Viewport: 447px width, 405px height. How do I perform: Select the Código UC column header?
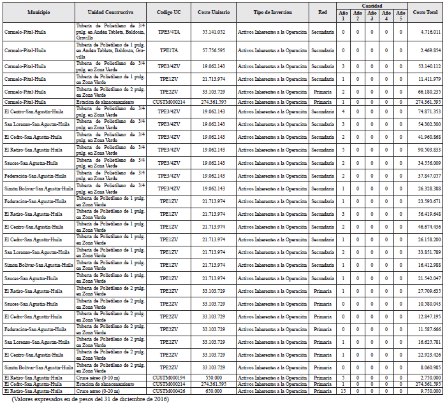coord(168,12)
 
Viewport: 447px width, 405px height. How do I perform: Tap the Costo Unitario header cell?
coord(213,12)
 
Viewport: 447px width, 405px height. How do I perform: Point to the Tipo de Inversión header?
coord(272,12)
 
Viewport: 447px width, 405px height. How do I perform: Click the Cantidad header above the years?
coord(372,5)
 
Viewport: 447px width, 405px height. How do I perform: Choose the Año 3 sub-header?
coord(372,15)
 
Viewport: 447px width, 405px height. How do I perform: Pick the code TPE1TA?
coord(168,50)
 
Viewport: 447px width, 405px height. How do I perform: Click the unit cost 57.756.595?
coord(214,50)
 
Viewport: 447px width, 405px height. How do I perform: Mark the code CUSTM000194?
coord(168,378)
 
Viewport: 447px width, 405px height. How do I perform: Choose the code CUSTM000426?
coord(168,391)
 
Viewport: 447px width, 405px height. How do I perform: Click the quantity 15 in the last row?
coord(343,391)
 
